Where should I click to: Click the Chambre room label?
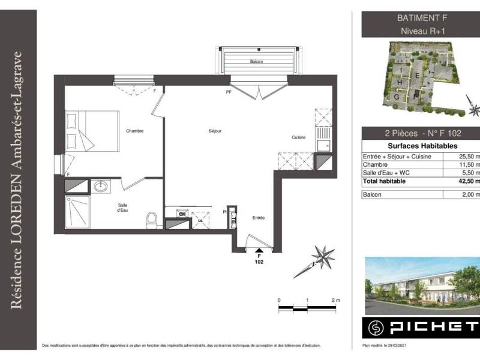[134, 131]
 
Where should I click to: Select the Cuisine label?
[299, 137]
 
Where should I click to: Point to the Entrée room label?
[259, 218]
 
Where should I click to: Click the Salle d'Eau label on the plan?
[122, 208]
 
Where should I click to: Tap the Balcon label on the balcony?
[258, 62]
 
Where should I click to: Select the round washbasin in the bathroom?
[101, 187]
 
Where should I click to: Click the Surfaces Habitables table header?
[420, 146]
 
